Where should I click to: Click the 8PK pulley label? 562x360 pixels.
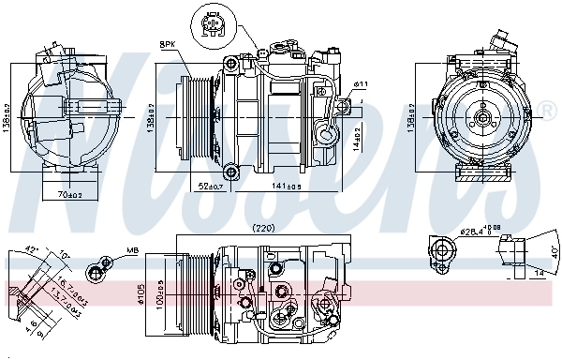[168, 44]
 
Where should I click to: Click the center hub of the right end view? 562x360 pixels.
[477, 119]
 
